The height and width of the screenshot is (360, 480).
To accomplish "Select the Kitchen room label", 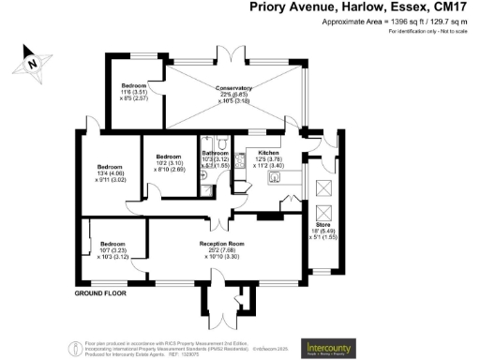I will click(269, 152).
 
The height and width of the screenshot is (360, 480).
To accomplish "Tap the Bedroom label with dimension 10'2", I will click(168, 157).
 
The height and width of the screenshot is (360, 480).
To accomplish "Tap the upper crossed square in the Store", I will click(323, 186).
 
